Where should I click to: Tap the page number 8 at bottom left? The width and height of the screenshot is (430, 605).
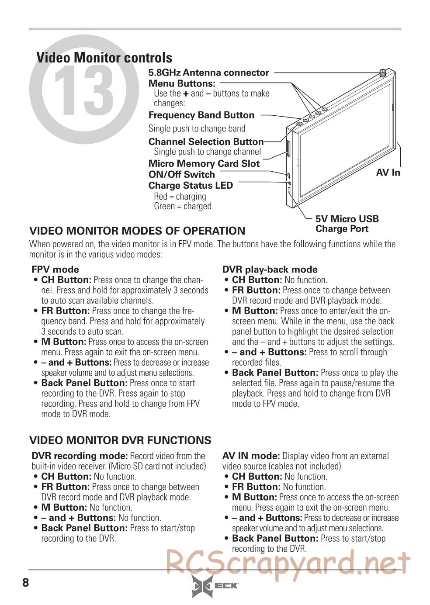tap(25, 582)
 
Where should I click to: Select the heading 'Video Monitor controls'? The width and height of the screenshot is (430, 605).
tap(104, 58)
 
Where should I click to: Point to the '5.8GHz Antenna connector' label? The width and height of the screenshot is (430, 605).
tap(208, 73)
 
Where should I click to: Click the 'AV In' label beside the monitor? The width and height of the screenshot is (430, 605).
tap(388, 173)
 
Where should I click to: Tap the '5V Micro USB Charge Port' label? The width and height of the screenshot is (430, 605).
tap(347, 224)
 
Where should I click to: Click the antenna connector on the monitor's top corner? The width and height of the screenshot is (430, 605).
tap(383, 73)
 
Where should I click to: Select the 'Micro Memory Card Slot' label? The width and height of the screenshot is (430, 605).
tap(204, 164)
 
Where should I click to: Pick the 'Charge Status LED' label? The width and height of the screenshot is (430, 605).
tap(191, 185)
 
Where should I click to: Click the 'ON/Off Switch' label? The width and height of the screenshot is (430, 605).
tap(181, 174)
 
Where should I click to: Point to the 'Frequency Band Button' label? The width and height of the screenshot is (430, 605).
tap(201, 115)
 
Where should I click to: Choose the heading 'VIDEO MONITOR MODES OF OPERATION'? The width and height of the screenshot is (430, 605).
tap(137, 231)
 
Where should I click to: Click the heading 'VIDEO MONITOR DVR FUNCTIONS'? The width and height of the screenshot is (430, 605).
tap(120, 440)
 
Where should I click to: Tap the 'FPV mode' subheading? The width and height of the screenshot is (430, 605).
tap(55, 270)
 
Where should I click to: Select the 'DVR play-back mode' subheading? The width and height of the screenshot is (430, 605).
tap(270, 270)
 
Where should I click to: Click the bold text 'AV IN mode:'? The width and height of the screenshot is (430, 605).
tap(251, 456)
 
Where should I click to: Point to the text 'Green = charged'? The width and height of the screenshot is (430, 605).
tap(183, 206)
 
